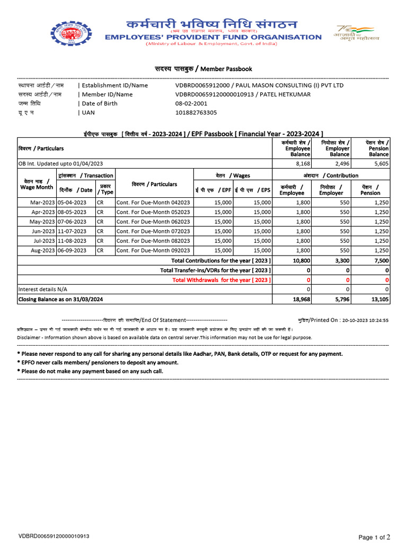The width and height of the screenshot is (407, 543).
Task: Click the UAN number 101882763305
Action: tap(196, 112)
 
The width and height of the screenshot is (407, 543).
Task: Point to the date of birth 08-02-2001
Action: tap(192, 103)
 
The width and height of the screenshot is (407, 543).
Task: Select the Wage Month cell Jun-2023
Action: tap(43, 231)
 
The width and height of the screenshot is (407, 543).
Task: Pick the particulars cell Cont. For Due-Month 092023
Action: tap(153, 250)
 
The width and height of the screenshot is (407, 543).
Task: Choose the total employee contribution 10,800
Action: tap(300, 260)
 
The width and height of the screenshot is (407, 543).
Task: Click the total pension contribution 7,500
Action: tap(380, 260)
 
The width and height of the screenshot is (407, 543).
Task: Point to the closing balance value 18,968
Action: tap(300, 300)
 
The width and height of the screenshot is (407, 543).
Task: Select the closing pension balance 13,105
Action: tap(379, 300)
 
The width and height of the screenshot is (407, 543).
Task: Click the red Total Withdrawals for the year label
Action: tap(221, 279)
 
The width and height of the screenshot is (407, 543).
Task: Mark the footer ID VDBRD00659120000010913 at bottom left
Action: tap(54, 537)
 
